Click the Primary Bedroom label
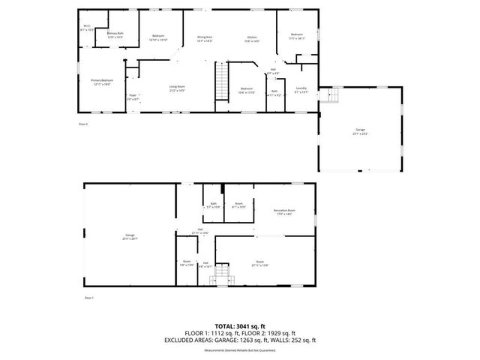tap(102, 82)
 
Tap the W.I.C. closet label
tap(87, 29)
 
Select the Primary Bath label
tap(115, 34)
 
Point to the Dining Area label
tap(205, 38)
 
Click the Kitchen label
tap(253, 38)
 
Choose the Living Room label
tap(177, 88)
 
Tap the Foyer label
tap(132, 96)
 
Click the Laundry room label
tap(301, 90)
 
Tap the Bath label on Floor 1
tap(213, 205)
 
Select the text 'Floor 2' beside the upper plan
tap(83, 124)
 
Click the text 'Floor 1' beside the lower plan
tap(90, 298)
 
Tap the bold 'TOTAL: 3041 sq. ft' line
tap(240, 326)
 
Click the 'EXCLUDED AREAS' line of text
tap(240, 340)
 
